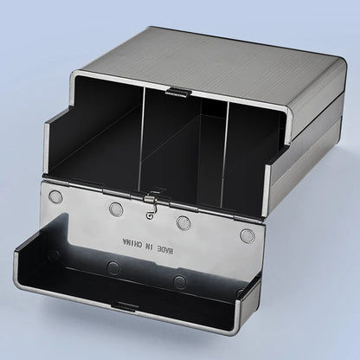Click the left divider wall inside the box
pyautogui.click(x=143, y=138)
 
